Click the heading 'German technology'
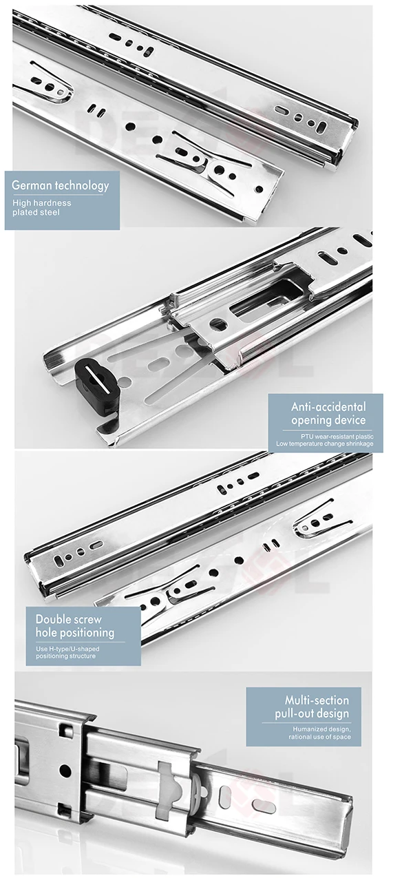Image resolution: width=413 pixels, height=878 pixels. (x=60, y=185)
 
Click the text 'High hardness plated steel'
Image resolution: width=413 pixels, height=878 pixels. (x=41, y=207)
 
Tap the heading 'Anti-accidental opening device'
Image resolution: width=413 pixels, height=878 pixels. (x=328, y=413)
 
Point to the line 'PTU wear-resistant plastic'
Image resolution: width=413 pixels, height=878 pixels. (x=337, y=436)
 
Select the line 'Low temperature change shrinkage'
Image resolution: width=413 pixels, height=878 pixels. (x=325, y=444)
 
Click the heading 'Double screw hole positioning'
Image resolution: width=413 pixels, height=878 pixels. (x=75, y=625)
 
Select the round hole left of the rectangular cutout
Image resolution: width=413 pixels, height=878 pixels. (x=218, y=324)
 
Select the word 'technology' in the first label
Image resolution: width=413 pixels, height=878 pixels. (x=84, y=185)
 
